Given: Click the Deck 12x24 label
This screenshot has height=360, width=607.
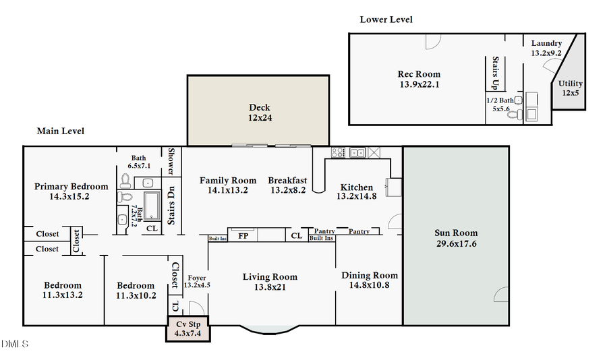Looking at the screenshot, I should coord(259,112).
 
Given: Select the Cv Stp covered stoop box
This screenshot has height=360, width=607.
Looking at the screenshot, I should coord(188,328).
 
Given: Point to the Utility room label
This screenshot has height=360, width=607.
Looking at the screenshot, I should coord(570,88).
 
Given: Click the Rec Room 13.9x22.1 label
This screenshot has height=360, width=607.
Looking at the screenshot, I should coord(419,79).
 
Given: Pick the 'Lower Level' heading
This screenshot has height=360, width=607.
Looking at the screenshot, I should coord(386,20).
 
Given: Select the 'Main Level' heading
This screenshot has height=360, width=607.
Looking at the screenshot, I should coord(60,131).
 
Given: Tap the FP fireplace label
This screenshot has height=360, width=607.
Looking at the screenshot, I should coord(243,236).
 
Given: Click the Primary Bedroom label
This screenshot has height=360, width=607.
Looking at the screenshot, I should coord(71,191).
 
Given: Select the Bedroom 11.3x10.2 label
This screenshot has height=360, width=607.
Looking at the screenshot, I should coord(136,290).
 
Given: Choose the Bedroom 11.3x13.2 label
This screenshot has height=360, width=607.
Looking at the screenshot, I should coord(63,290).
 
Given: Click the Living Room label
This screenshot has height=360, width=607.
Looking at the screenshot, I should coord(270,282).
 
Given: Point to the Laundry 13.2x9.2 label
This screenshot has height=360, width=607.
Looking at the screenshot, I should coord(546,47).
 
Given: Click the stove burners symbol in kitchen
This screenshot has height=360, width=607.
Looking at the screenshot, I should coord(339,152).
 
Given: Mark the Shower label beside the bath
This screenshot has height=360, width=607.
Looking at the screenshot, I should coord(171,161).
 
